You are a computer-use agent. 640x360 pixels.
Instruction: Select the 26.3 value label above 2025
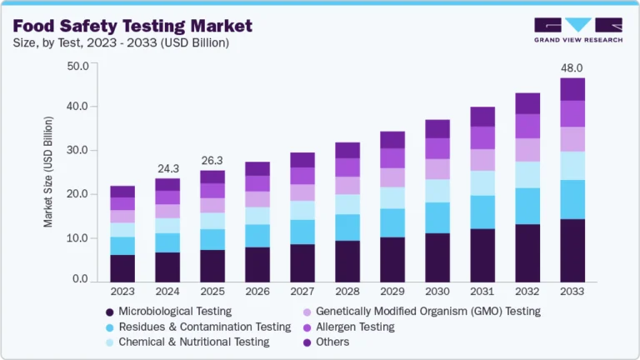(x=212, y=162)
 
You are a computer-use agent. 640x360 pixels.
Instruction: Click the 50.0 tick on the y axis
(x=78, y=65)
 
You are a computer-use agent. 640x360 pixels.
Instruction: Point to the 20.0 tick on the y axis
(x=78, y=194)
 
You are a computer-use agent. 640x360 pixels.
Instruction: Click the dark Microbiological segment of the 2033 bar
(x=572, y=250)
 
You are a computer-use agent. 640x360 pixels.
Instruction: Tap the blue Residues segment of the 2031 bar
(x=482, y=212)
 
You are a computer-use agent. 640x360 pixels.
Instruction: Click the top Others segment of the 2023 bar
(x=122, y=191)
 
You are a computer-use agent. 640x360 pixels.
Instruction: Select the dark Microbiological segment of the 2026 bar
(x=257, y=264)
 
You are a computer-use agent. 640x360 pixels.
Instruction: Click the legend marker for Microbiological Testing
(x=109, y=312)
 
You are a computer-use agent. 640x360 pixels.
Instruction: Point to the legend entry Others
(x=332, y=342)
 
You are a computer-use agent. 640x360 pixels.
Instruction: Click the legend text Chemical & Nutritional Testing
(x=194, y=342)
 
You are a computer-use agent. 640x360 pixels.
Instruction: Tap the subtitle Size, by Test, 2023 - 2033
(x=121, y=42)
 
